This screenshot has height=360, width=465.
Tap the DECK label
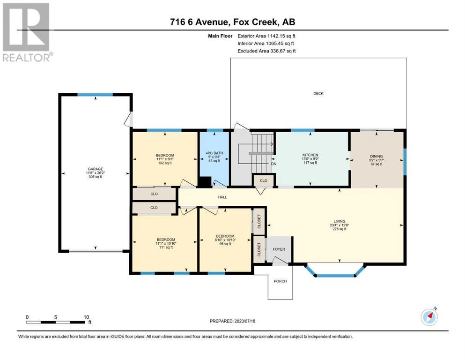318,93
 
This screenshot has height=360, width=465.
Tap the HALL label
222,197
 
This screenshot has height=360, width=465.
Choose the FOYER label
279,249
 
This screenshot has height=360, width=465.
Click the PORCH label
280,281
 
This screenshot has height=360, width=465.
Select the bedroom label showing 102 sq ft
165,159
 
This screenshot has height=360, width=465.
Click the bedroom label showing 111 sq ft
166,243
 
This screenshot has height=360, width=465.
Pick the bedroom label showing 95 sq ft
225,240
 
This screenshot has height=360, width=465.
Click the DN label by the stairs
274,164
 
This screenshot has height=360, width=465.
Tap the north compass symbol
429,317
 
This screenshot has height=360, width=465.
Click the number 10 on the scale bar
86,317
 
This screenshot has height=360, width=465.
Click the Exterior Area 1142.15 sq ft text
266,36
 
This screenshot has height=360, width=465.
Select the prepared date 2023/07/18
244,321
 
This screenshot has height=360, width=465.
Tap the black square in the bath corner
204,182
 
